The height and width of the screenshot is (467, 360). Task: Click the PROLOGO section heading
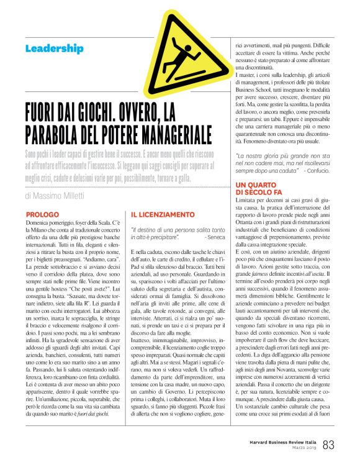pos(43,214)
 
